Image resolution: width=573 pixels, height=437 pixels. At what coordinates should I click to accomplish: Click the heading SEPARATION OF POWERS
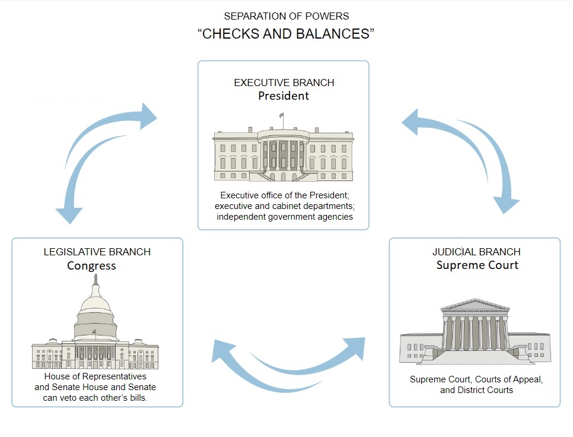(286, 16)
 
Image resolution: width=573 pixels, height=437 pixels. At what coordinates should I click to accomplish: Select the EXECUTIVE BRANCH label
(284, 83)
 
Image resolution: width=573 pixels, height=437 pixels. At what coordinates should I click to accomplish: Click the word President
(284, 96)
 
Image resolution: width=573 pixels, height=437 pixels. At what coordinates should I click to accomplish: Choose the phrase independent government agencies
(285, 217)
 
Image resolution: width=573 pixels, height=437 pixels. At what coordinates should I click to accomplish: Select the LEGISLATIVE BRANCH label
(97, 252)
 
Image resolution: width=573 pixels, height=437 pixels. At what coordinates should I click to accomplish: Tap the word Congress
(91, 265)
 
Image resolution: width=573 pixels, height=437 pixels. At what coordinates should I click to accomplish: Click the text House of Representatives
(95, 376)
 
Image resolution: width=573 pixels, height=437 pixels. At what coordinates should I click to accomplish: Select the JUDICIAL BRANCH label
(476, 252)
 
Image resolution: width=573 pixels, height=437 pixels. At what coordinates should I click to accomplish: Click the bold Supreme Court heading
(477, 265)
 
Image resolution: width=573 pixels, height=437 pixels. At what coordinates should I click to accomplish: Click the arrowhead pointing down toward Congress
(69, 214)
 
